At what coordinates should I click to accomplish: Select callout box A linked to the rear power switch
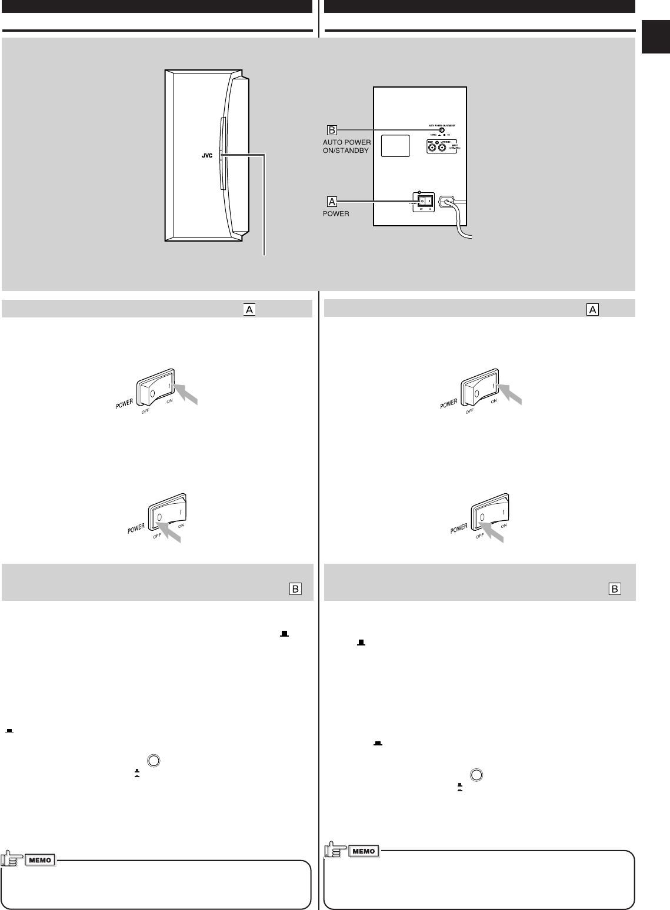point(332,201)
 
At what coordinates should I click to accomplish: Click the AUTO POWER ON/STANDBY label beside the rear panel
point(346,146)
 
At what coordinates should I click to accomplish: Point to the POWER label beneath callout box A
point(336,214)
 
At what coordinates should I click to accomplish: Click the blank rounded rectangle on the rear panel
point(395,146)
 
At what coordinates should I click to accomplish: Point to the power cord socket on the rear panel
point(447,201)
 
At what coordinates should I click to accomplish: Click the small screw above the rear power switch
point(419,192)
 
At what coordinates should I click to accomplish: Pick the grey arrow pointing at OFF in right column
point(494,531)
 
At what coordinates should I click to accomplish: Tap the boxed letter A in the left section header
point(249,310)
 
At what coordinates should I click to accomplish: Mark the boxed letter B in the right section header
point(614,588)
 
